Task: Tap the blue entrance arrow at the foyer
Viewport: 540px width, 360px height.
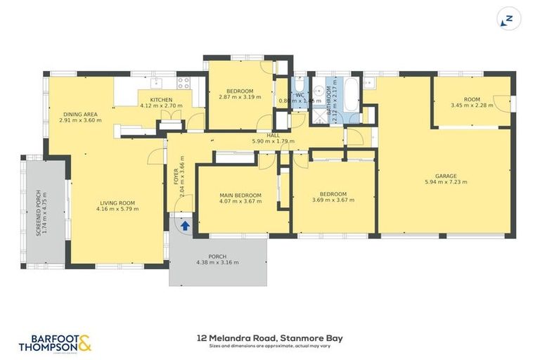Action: (185, 226)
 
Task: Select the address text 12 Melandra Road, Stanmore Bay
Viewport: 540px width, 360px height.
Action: (270, 338)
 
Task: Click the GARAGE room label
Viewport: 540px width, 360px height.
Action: (446, 176)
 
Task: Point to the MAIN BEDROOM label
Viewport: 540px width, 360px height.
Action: (240, 195)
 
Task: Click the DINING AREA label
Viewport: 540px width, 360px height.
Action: (80, 114)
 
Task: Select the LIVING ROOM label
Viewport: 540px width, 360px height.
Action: (116, 203)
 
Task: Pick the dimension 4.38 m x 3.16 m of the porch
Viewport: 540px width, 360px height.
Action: (217, 262)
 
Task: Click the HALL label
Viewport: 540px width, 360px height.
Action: (273, 134)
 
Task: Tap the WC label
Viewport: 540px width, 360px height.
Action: (300, 94)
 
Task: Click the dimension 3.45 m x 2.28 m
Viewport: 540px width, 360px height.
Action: (471, 105)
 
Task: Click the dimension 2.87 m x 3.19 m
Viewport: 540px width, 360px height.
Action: (238, 98)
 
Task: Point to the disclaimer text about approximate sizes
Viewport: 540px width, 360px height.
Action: (270, 346)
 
